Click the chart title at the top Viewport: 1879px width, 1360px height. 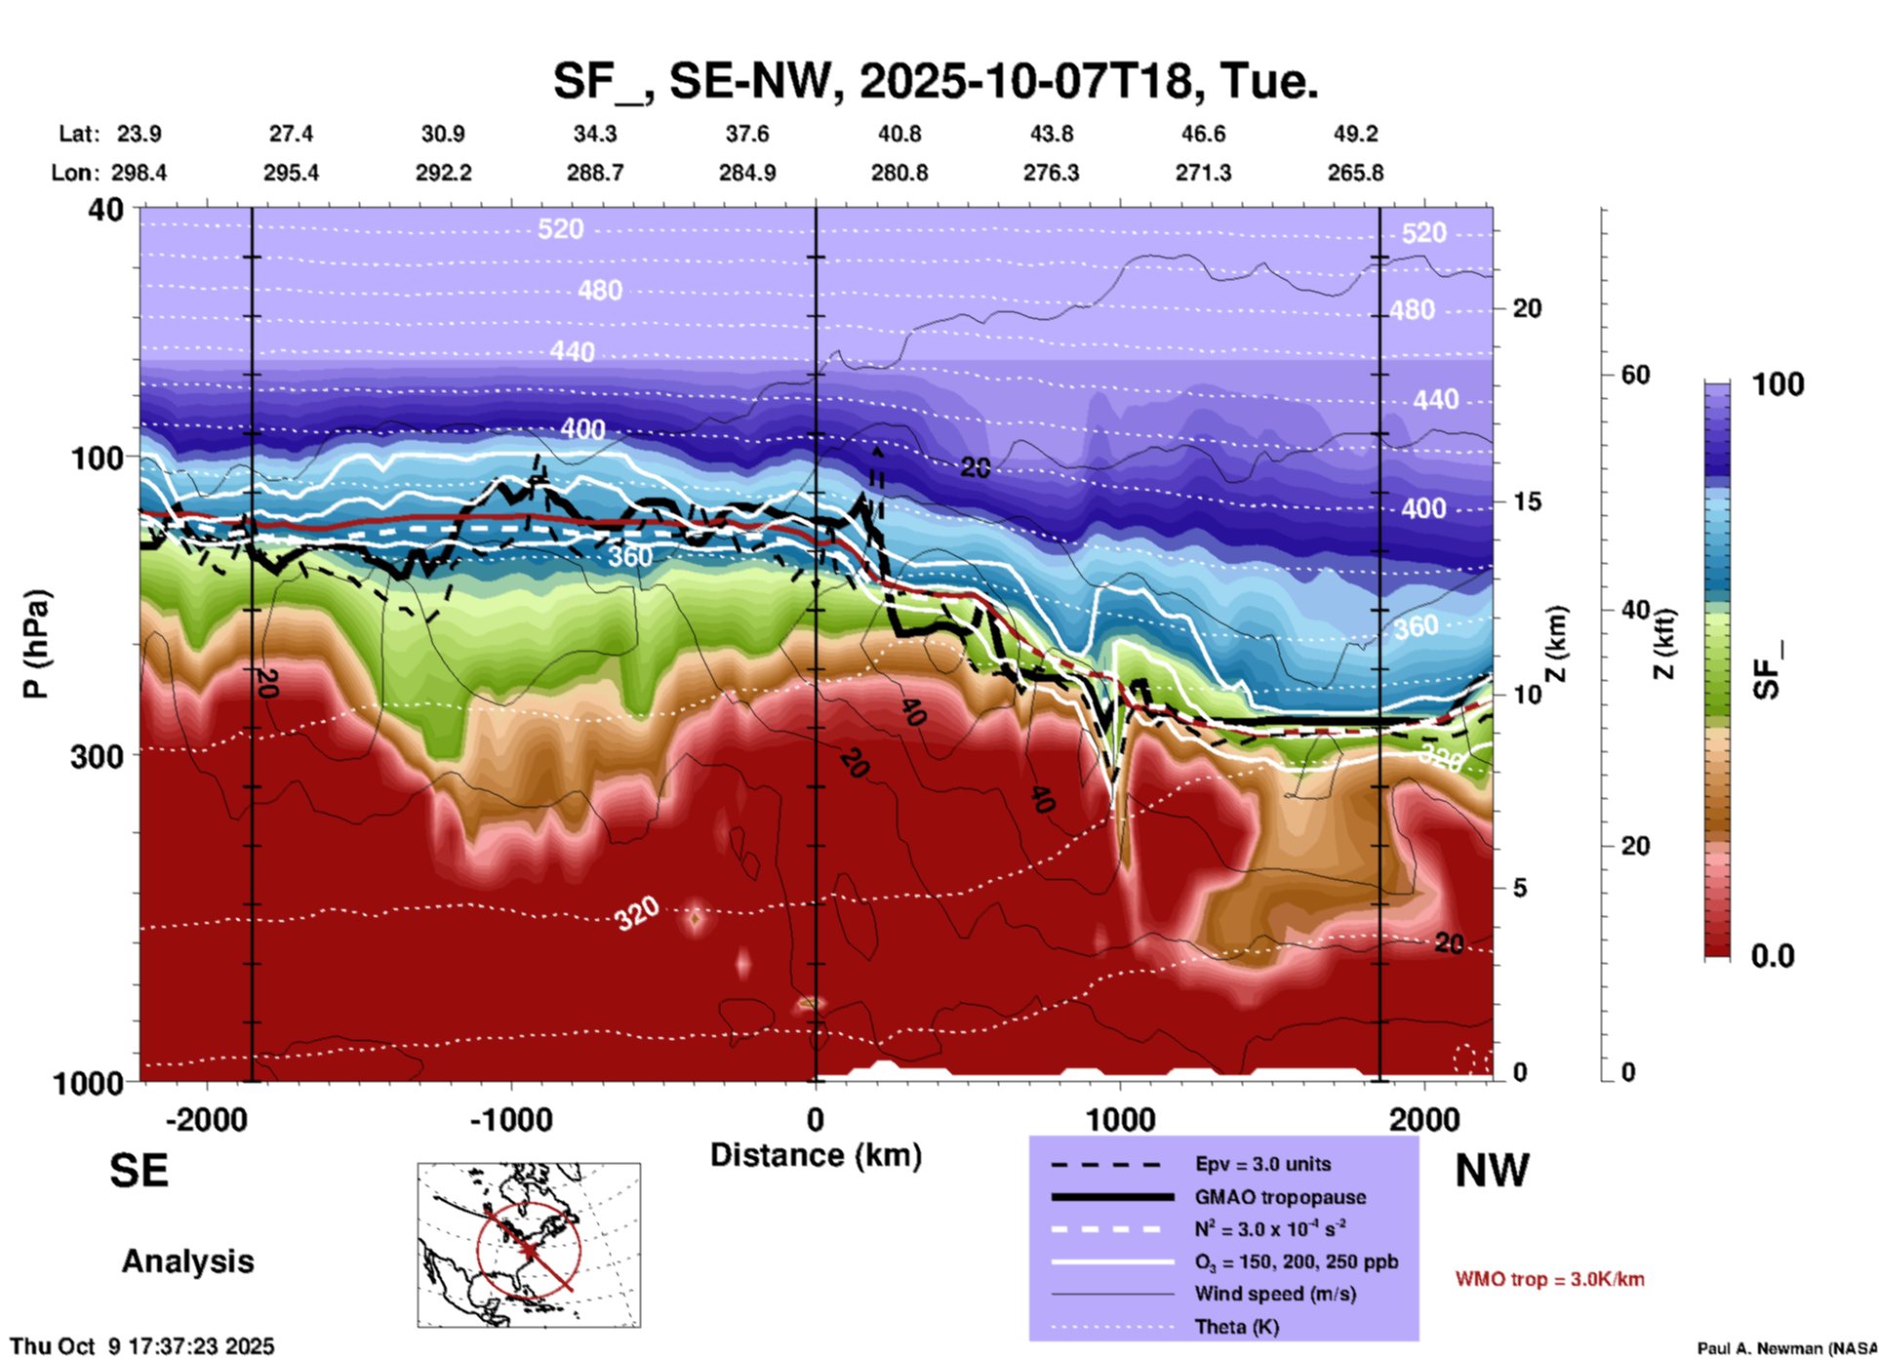(936, 80)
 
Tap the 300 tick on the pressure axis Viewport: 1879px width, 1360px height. (98, 756)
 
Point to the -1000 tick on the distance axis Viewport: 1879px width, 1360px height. (510, 1119)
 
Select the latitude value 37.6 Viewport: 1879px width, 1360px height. (746, 134)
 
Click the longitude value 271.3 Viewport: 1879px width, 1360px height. (1203, 173)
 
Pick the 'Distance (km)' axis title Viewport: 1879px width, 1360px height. (816, 1155)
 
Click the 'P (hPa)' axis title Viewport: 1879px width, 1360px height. (36, 644)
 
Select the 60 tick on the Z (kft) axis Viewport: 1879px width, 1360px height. (1634, 375)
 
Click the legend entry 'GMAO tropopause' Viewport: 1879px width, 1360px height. (1280, 1197)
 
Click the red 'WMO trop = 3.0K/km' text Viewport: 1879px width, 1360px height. (1549, 1279)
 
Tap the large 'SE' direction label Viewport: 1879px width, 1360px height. (139, 1171)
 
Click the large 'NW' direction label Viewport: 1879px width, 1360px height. (1492, 1171)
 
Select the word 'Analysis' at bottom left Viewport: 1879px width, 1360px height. (187, 1261)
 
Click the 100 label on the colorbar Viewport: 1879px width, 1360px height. (1778, 384)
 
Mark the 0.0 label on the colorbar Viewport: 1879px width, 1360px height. (1773, 956)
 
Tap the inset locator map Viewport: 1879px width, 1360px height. (529, 1244)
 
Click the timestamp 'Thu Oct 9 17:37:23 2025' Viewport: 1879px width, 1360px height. (142, 1346)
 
